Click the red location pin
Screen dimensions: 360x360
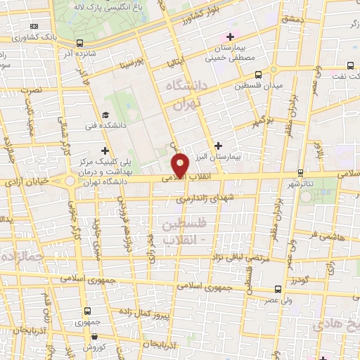click(181, 164)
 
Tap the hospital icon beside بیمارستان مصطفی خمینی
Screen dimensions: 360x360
click(228, 37)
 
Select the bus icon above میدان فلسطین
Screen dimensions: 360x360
click(259, 74)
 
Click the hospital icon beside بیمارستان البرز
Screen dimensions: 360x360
click(219, 145)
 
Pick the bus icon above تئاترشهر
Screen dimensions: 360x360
click(300, 172)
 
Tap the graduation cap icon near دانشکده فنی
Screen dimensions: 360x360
click(105, 115)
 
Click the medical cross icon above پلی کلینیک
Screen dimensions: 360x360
click(105, 150)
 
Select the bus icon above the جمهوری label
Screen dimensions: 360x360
click(87, 310)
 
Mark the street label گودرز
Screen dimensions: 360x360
click(302, 278)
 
